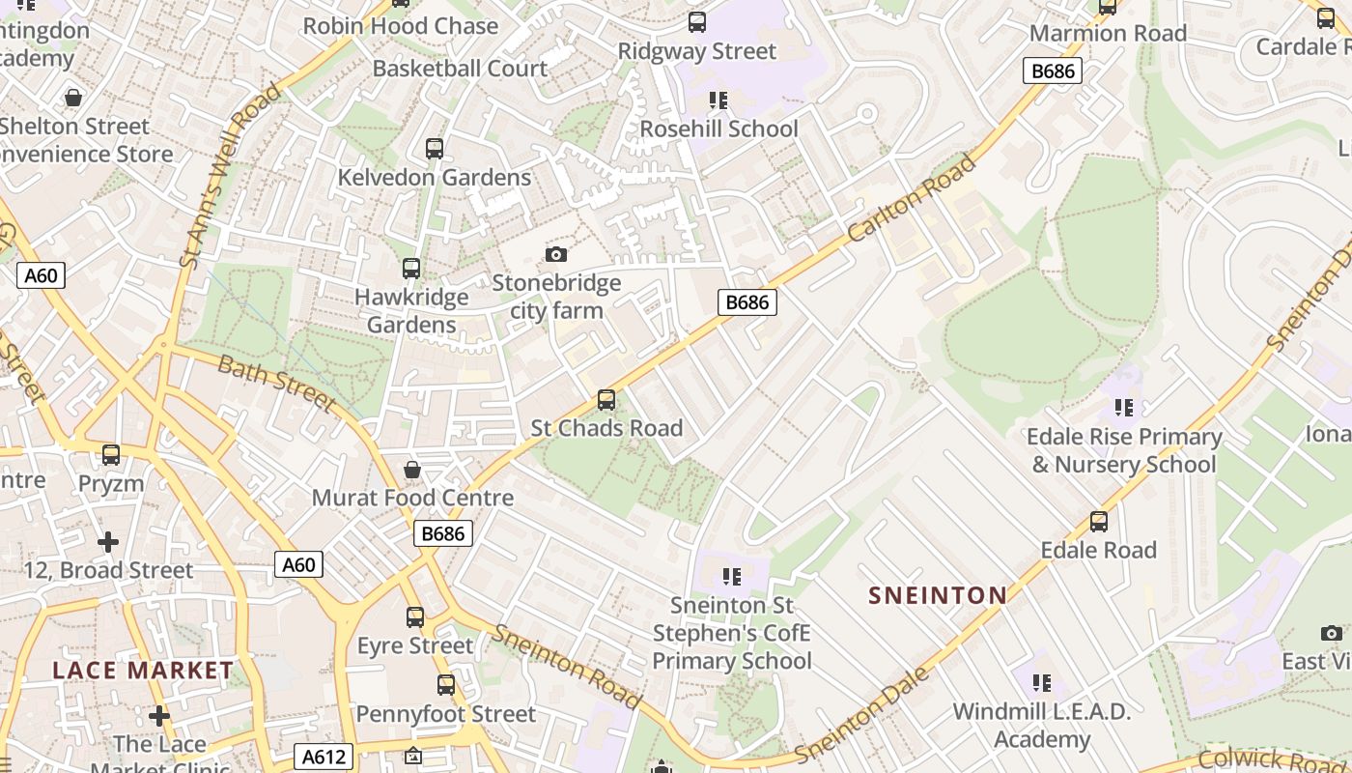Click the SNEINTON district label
click(x=937, y=595)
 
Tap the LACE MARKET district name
click(x=143, y=671)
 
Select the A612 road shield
click(x=324, y=757)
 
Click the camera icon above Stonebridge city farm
click(x=555, y=255)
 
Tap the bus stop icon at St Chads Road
click(x=606, y=399)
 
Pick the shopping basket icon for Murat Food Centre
click(x=412, y=470)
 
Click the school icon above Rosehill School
click(x=718, y=100)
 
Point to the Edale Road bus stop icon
click(x=1098, y=522)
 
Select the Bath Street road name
click(x=275, y=384)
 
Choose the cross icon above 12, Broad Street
click(x=108, y=542)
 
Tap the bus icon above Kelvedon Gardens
click(x=435, y=149)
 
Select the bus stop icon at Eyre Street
click(x=415, y=616)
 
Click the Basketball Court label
click(x=460, y=69)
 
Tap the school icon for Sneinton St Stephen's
click(x=732, y=578)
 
